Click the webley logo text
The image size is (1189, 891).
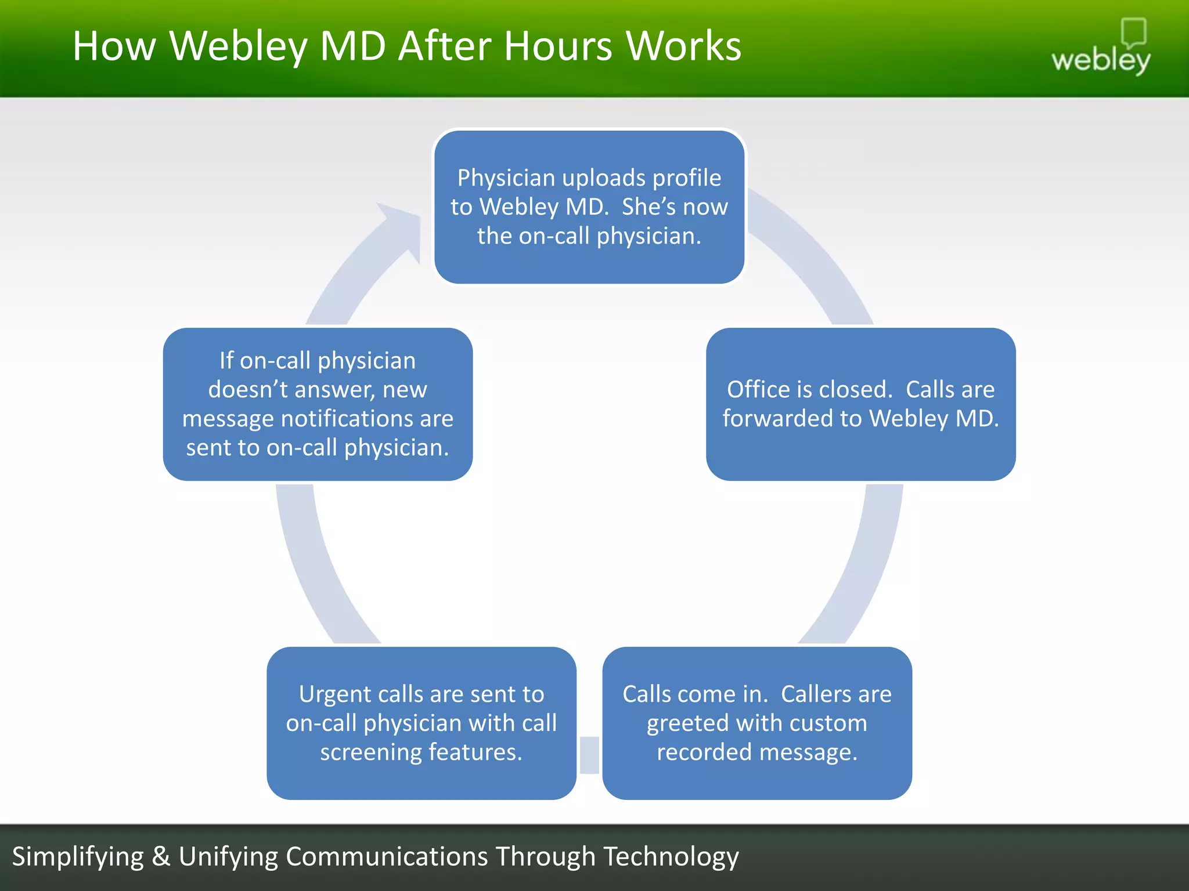point(1100,60)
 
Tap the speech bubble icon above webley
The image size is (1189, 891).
point(1133,32)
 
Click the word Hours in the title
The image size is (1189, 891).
point(557,46)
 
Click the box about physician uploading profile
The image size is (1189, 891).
point(589,207)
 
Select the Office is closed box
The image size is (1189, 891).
point(860,404)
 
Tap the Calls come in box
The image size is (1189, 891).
point(756,723)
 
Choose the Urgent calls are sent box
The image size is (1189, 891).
point(421,723)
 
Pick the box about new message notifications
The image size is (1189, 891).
point(318,404)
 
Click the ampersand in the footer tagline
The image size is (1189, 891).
point(161,857)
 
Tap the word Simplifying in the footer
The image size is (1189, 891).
point(78,857)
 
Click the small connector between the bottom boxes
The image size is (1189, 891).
point(589,755)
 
